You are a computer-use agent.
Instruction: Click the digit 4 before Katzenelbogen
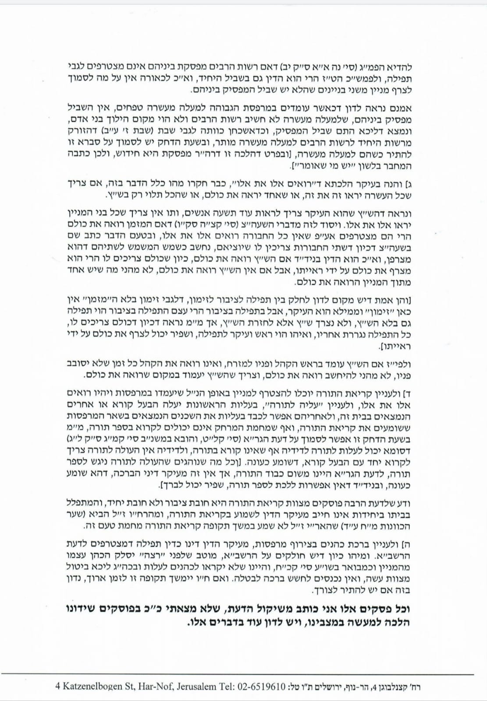(58, 686)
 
